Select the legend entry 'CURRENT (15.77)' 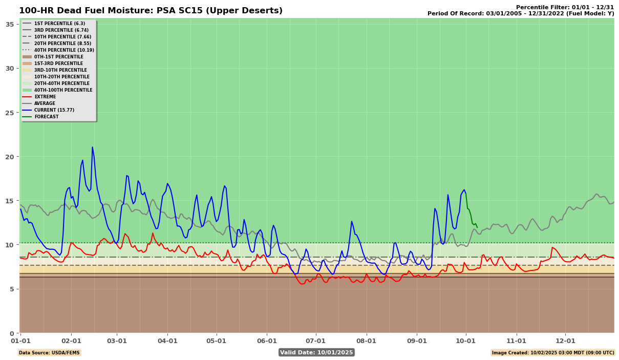click(x=53, y=110)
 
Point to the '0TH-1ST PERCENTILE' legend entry click(x=58, y=57)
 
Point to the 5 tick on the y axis click(x=12, y=289)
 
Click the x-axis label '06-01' click(x=267, y=341)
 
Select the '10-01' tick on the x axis click(x=465, y=341)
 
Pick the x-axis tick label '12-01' click(x=565, y=341)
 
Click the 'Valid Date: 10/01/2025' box click(x=316, y=352)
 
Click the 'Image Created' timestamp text click(x=553, y=352)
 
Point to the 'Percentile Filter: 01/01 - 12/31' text click(x=565, y=7)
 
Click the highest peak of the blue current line click(x=92, y=147)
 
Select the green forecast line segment click(x=471, y=212)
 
